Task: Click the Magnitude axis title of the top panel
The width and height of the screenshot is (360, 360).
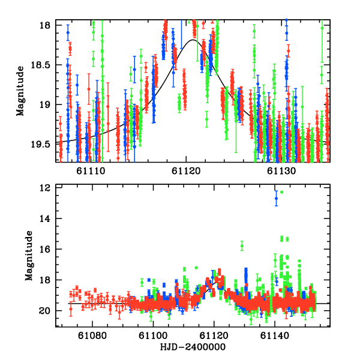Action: click(20, 91)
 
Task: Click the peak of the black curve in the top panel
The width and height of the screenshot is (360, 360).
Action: click(193, 40)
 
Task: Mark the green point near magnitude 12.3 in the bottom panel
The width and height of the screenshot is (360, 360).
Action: click(281, 192)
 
